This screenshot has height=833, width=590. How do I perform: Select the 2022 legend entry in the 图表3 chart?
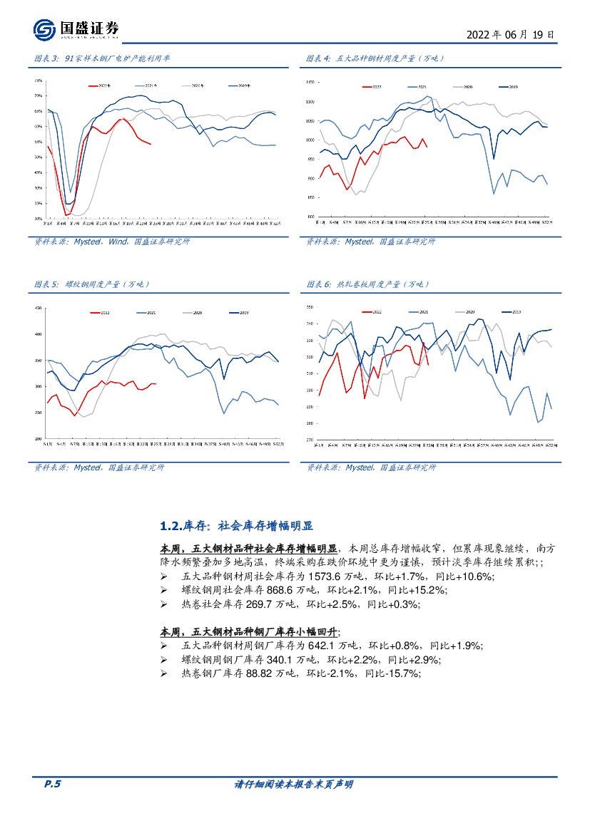pyautogui.click(x=103, y=86)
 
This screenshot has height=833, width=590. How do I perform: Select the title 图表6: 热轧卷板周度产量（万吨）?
pyautogui.click(x=368, y=284)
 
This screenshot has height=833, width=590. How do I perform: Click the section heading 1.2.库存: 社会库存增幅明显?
pyautogui.click(x=237, y=526)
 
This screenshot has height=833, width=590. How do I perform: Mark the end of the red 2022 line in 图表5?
pyautogui.click(x=156, y=384)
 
